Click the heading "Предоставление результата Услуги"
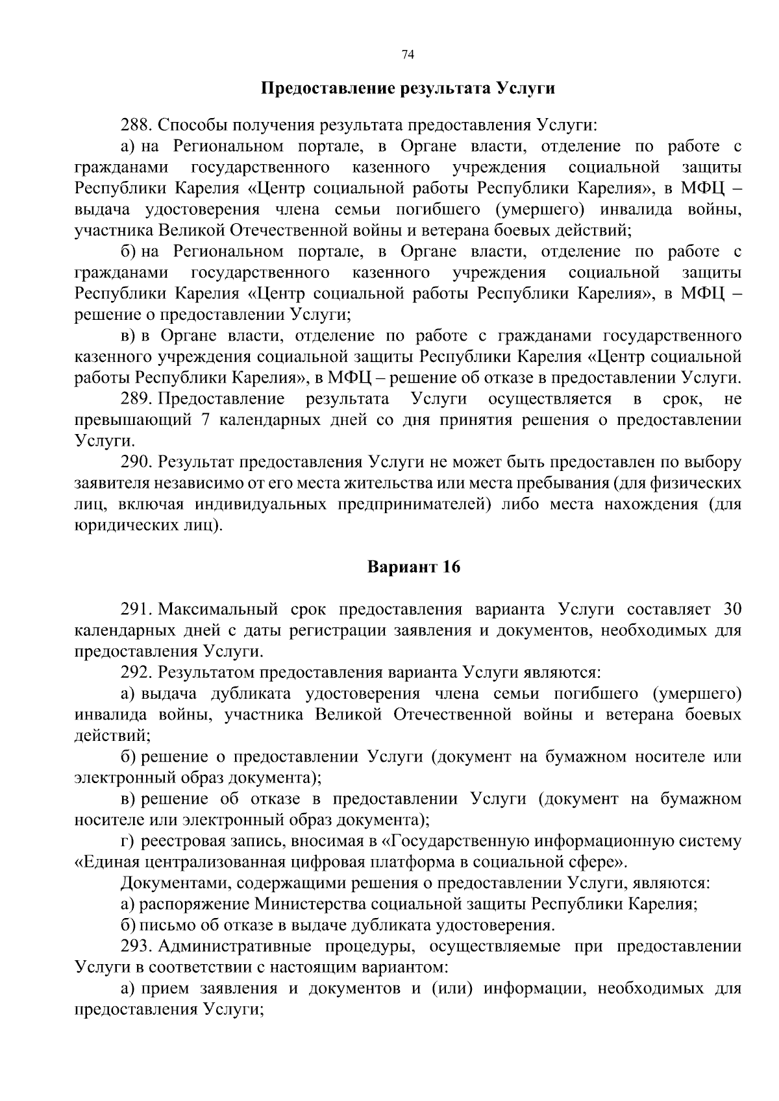[x=408, y=88]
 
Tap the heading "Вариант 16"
[x=414, y=567]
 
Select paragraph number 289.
[x=136, y=398]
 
